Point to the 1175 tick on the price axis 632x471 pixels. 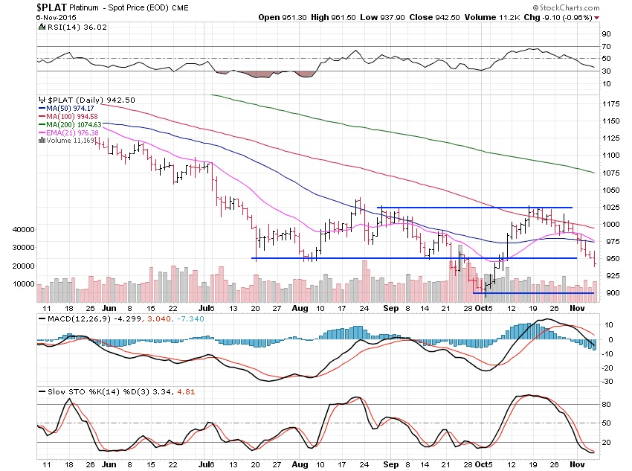[x=611, y=104]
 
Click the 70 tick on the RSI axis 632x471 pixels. [x=607, y=46]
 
